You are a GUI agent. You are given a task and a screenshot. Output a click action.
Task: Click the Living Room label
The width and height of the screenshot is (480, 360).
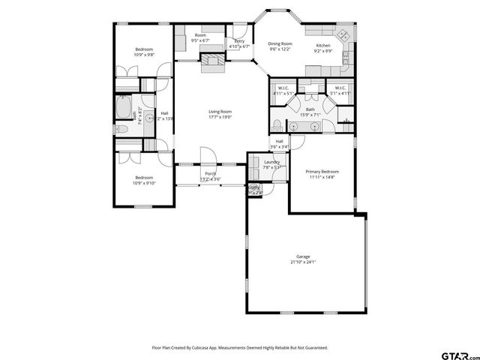point(220,112)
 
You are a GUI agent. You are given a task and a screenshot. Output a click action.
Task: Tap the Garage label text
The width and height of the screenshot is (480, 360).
point(303,256)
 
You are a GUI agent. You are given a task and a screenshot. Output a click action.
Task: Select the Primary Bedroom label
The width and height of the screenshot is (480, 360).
point(322,171)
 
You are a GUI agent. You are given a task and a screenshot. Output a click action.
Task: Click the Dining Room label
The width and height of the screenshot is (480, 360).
point(280,44)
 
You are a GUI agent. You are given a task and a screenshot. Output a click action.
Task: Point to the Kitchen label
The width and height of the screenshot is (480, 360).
point(323,45)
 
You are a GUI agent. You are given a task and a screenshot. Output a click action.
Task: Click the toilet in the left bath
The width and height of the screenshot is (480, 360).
point(124,128)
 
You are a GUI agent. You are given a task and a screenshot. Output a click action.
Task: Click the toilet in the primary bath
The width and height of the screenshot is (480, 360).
point(277,124)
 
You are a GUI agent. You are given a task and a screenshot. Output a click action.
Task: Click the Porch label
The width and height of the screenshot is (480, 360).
point(210,173)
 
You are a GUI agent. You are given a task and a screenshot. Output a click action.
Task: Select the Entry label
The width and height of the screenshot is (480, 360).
point(239,41)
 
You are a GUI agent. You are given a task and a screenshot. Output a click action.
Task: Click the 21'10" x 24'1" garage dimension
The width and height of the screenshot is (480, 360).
point(303,262)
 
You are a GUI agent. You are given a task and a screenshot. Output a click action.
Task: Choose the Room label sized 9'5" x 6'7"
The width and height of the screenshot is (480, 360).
point(200,35)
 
